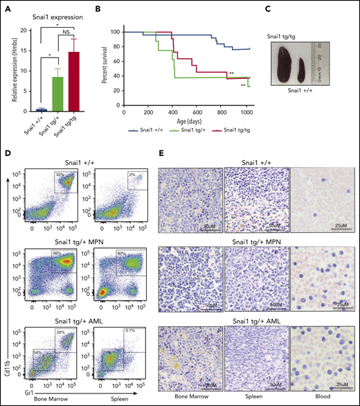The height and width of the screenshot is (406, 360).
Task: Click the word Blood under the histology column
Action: [317, 400]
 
